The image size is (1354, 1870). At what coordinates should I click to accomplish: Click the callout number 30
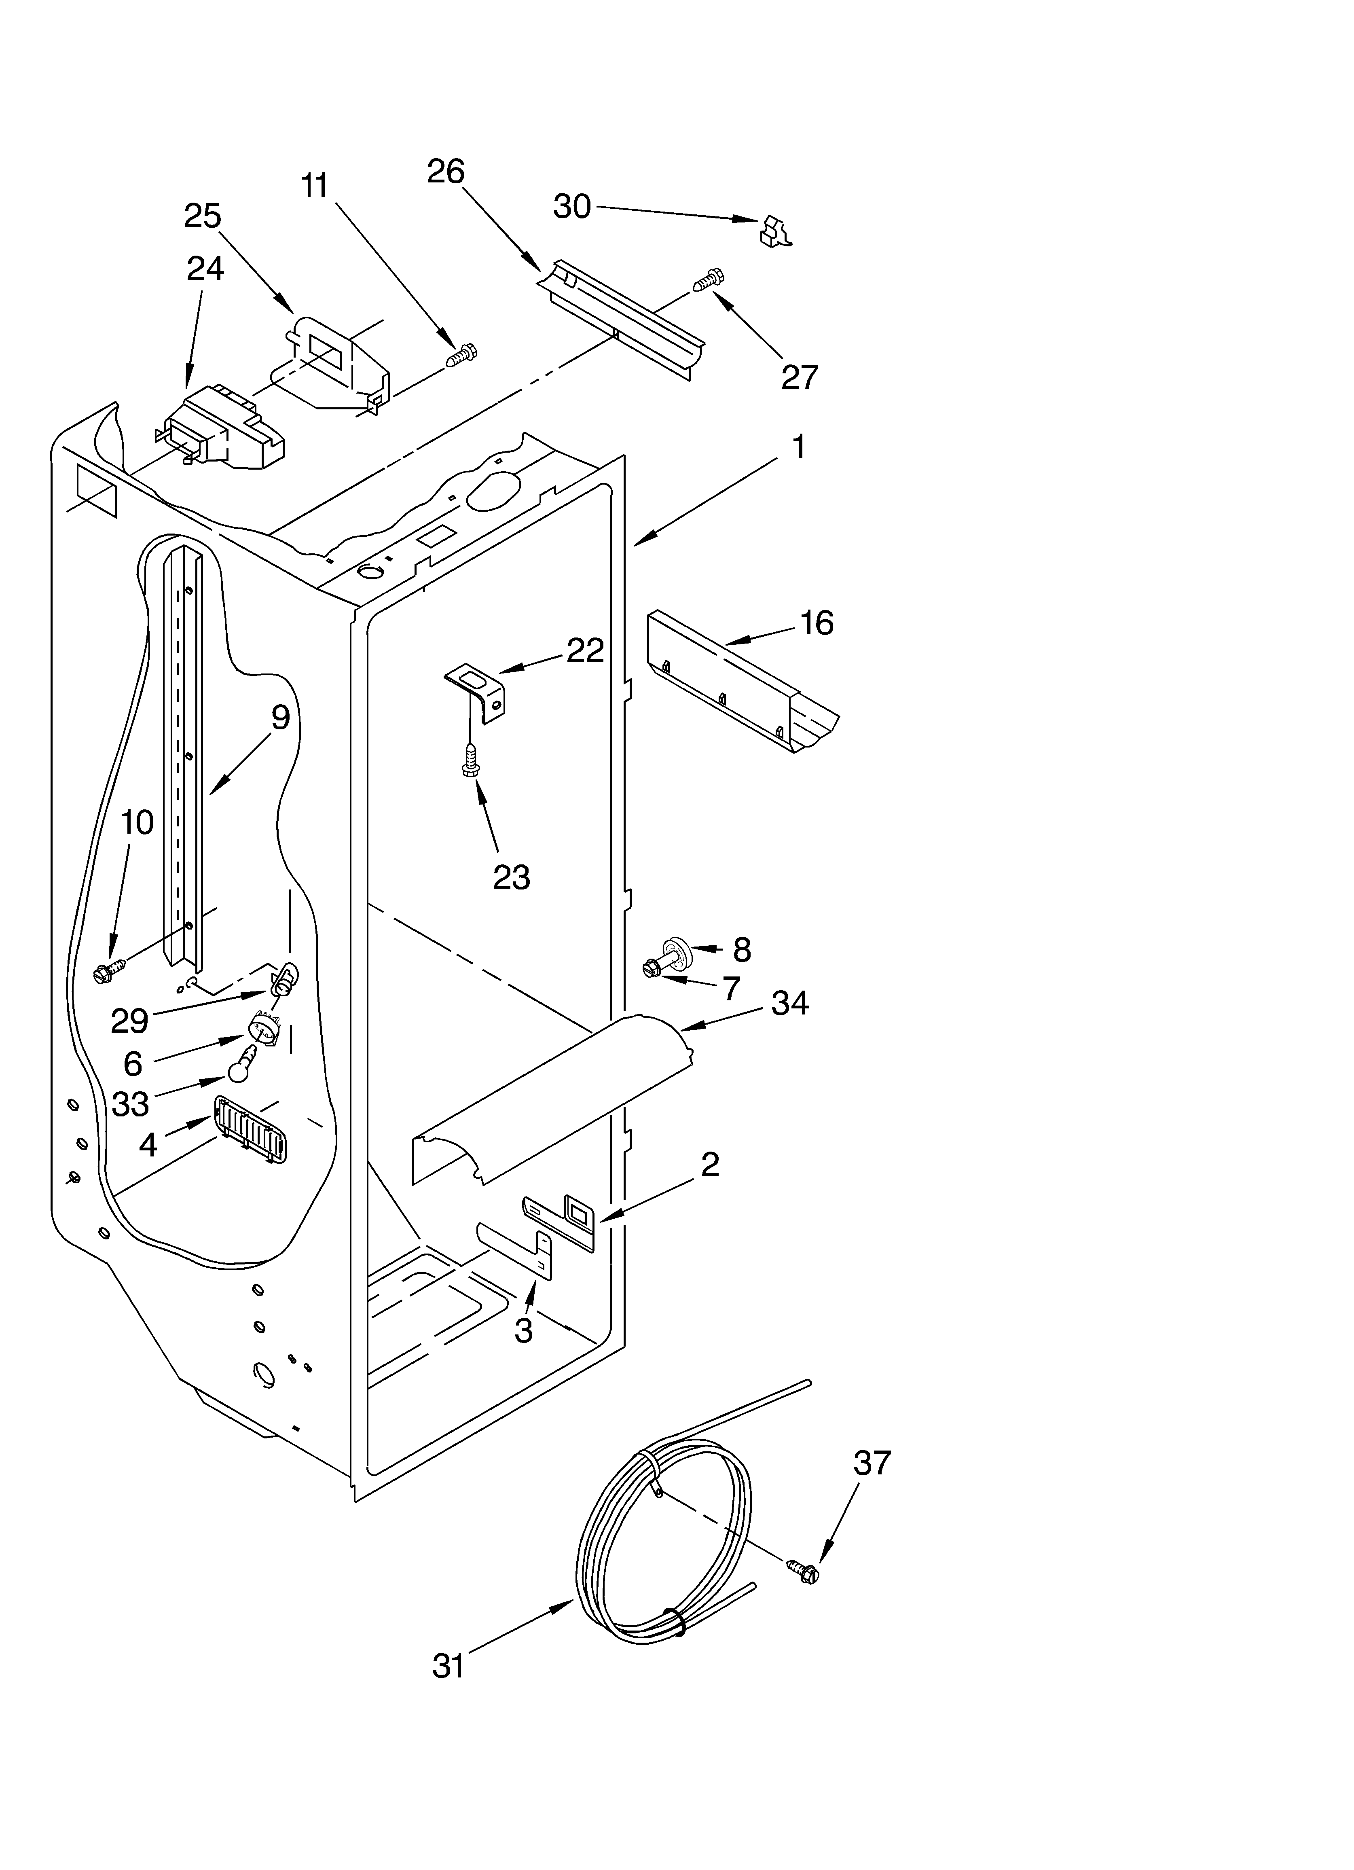pos(571,206)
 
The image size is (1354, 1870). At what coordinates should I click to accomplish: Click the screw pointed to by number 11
pos(462,356)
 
